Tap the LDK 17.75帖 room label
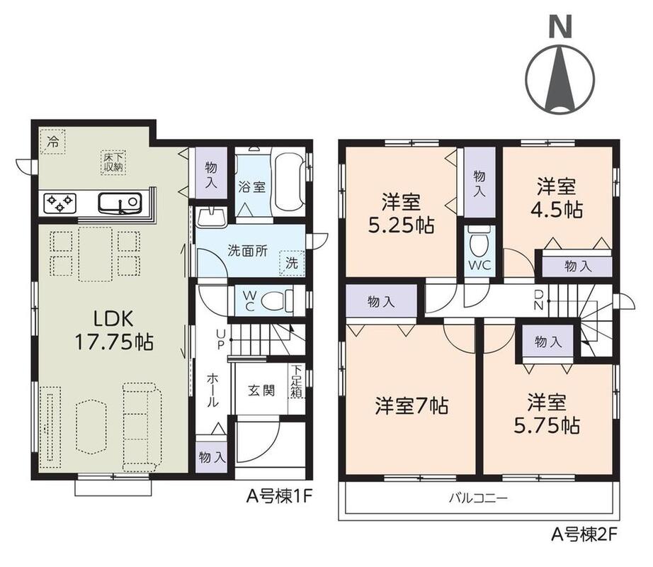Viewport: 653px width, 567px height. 114,330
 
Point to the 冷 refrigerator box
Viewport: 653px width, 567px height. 52,141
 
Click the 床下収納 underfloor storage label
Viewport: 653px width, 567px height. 114,162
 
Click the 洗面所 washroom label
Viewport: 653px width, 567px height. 247,251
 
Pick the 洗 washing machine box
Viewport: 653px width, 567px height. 292,263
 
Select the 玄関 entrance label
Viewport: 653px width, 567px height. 261,391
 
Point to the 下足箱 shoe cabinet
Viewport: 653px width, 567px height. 296,381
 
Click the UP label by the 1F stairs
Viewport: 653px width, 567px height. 220,339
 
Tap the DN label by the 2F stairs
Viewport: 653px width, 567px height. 538,300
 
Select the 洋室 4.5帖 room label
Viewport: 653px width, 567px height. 556,198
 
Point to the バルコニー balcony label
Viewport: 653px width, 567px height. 478,498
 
